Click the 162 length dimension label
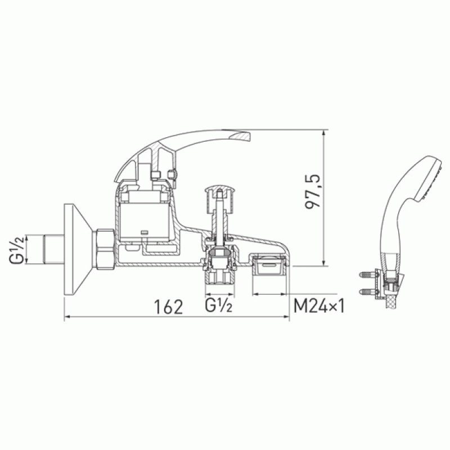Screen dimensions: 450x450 168,307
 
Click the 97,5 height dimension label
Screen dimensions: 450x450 312,191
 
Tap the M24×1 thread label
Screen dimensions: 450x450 319,306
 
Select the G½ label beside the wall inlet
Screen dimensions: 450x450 16,249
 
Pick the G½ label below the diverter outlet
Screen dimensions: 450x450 218,305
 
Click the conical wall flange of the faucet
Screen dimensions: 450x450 78,249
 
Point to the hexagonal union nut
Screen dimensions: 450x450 105,249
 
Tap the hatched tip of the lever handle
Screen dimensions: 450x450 242,136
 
